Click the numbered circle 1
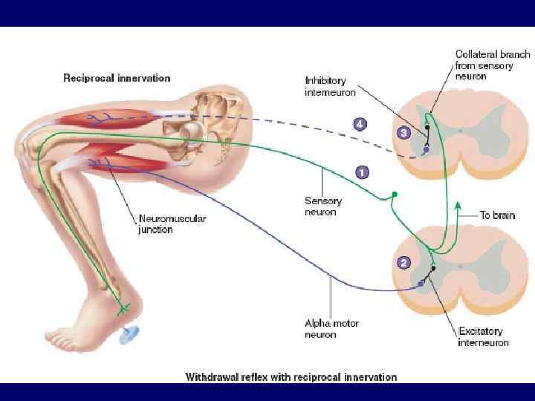click(x=362, y=172)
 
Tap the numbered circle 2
click(x=403, y=262)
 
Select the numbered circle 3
click(x=403, y=133)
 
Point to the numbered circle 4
click(x=360, y=124)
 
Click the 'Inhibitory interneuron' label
click(x=331, y=86)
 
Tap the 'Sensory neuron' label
click(x=322, y=206)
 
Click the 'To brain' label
click(x=496, y=215)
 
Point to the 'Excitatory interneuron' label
click(x=484, y=336)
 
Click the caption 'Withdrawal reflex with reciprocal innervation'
click(x=291, y=376)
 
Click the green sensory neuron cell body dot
click(x=395, y=195)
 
